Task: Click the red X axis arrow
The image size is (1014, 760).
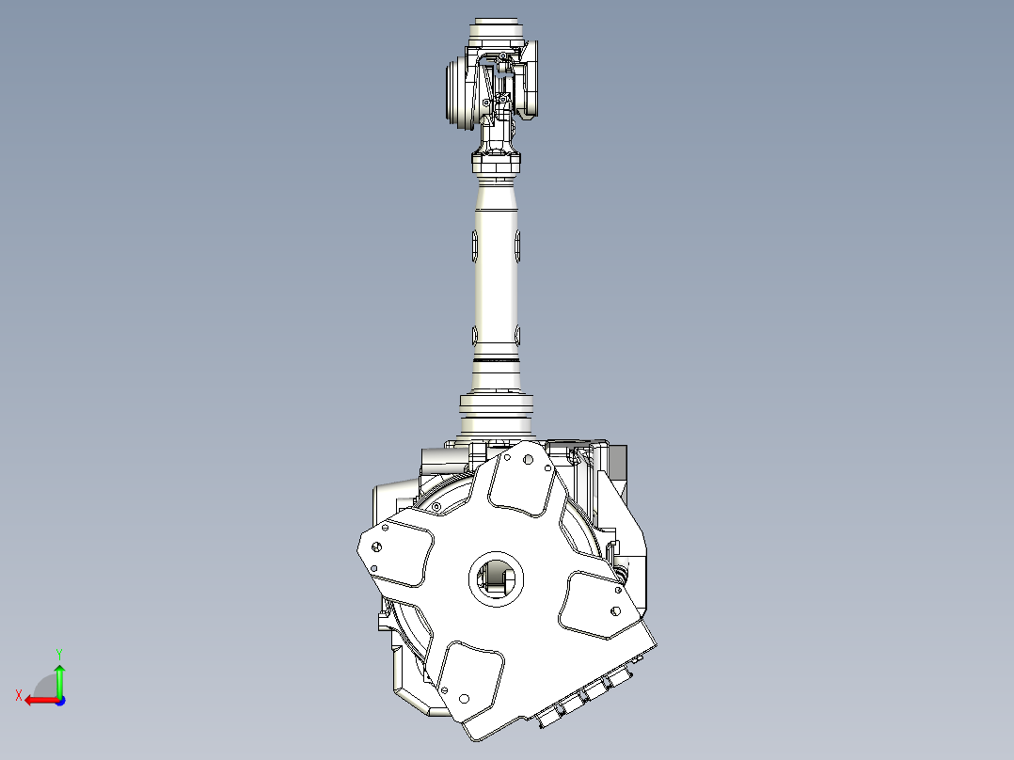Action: click(x=38, y=700)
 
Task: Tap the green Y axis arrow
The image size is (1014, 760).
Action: click(x=59, y=679)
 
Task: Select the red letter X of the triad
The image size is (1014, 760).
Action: click(x=18, y=695)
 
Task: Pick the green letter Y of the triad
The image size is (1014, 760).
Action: click(x=58, y=652)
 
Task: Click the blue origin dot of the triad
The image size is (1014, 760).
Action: click(x=59, y=700)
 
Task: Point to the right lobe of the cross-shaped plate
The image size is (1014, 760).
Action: click(x=598, y=606)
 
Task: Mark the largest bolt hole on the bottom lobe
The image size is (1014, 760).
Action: click(x=463, y=698)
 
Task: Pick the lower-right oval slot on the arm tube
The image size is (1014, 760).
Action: click(x=517, y=333)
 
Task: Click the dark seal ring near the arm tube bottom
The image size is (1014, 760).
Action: click(x=496, y=360)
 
